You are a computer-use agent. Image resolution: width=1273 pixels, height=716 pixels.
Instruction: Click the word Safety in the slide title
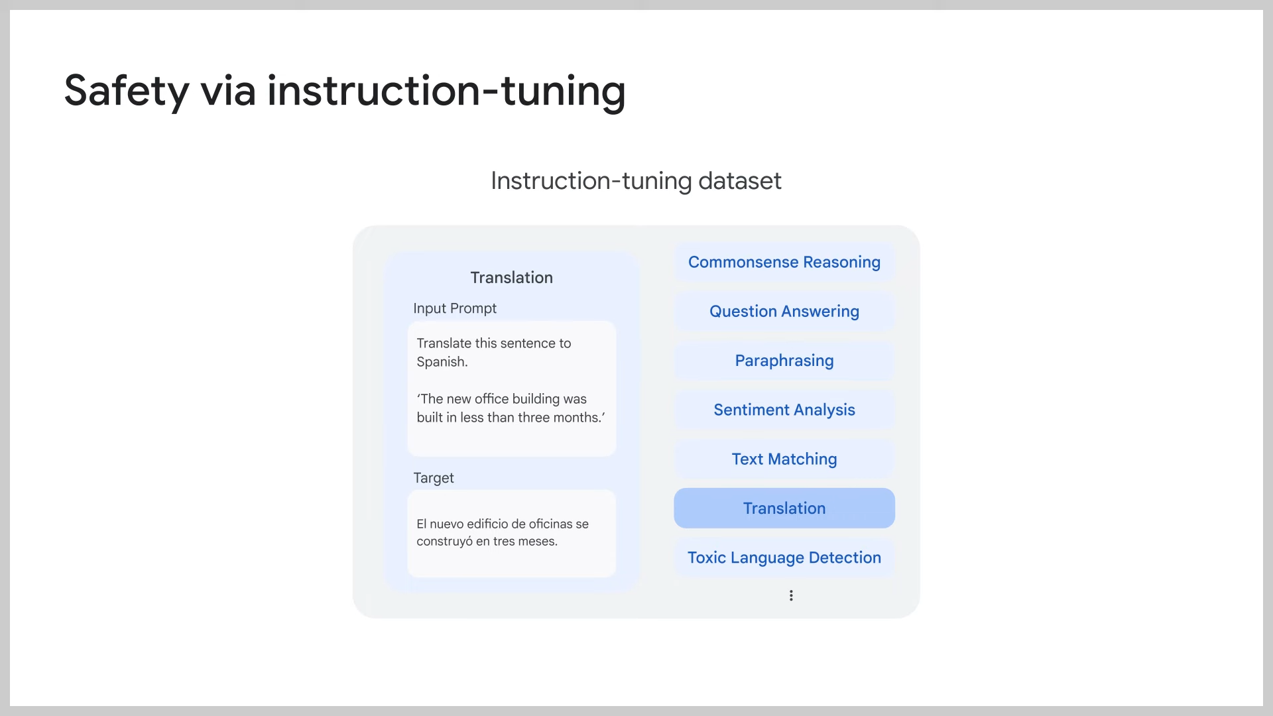tap(126, 91)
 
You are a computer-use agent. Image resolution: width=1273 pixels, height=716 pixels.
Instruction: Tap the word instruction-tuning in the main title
tap(446, 91)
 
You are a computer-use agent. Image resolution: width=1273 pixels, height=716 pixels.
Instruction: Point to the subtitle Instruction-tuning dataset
tap(636, 180)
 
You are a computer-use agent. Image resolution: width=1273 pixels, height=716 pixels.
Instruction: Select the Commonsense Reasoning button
tap(784, 262)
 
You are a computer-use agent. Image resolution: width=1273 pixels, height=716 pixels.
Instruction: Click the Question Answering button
tap(784, 311)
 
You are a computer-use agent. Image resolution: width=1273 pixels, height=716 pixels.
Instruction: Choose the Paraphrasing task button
tap(784, 361)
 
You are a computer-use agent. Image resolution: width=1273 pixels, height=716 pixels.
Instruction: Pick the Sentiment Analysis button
tap(784, 410)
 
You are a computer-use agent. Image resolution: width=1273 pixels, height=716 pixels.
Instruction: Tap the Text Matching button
tap(784, 459)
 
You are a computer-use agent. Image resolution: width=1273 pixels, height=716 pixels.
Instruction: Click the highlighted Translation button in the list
tap(784, 508)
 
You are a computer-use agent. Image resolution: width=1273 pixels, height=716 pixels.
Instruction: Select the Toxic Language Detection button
tap(784, 558)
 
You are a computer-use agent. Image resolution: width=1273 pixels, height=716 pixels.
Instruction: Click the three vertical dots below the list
tap(791, 595)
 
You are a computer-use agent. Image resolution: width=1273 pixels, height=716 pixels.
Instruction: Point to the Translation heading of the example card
tap(511, 277)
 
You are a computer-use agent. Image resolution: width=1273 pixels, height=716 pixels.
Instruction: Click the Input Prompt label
tap(455, 308)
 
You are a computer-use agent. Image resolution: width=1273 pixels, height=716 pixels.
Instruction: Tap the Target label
tap(434, 478)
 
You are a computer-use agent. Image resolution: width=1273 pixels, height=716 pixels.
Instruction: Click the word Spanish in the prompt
tap(442, 362)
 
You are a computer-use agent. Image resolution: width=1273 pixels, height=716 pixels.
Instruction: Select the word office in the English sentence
tap(491, 399)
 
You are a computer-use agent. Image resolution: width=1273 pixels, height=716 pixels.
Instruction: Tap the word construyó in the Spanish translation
tap(444, 542)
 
